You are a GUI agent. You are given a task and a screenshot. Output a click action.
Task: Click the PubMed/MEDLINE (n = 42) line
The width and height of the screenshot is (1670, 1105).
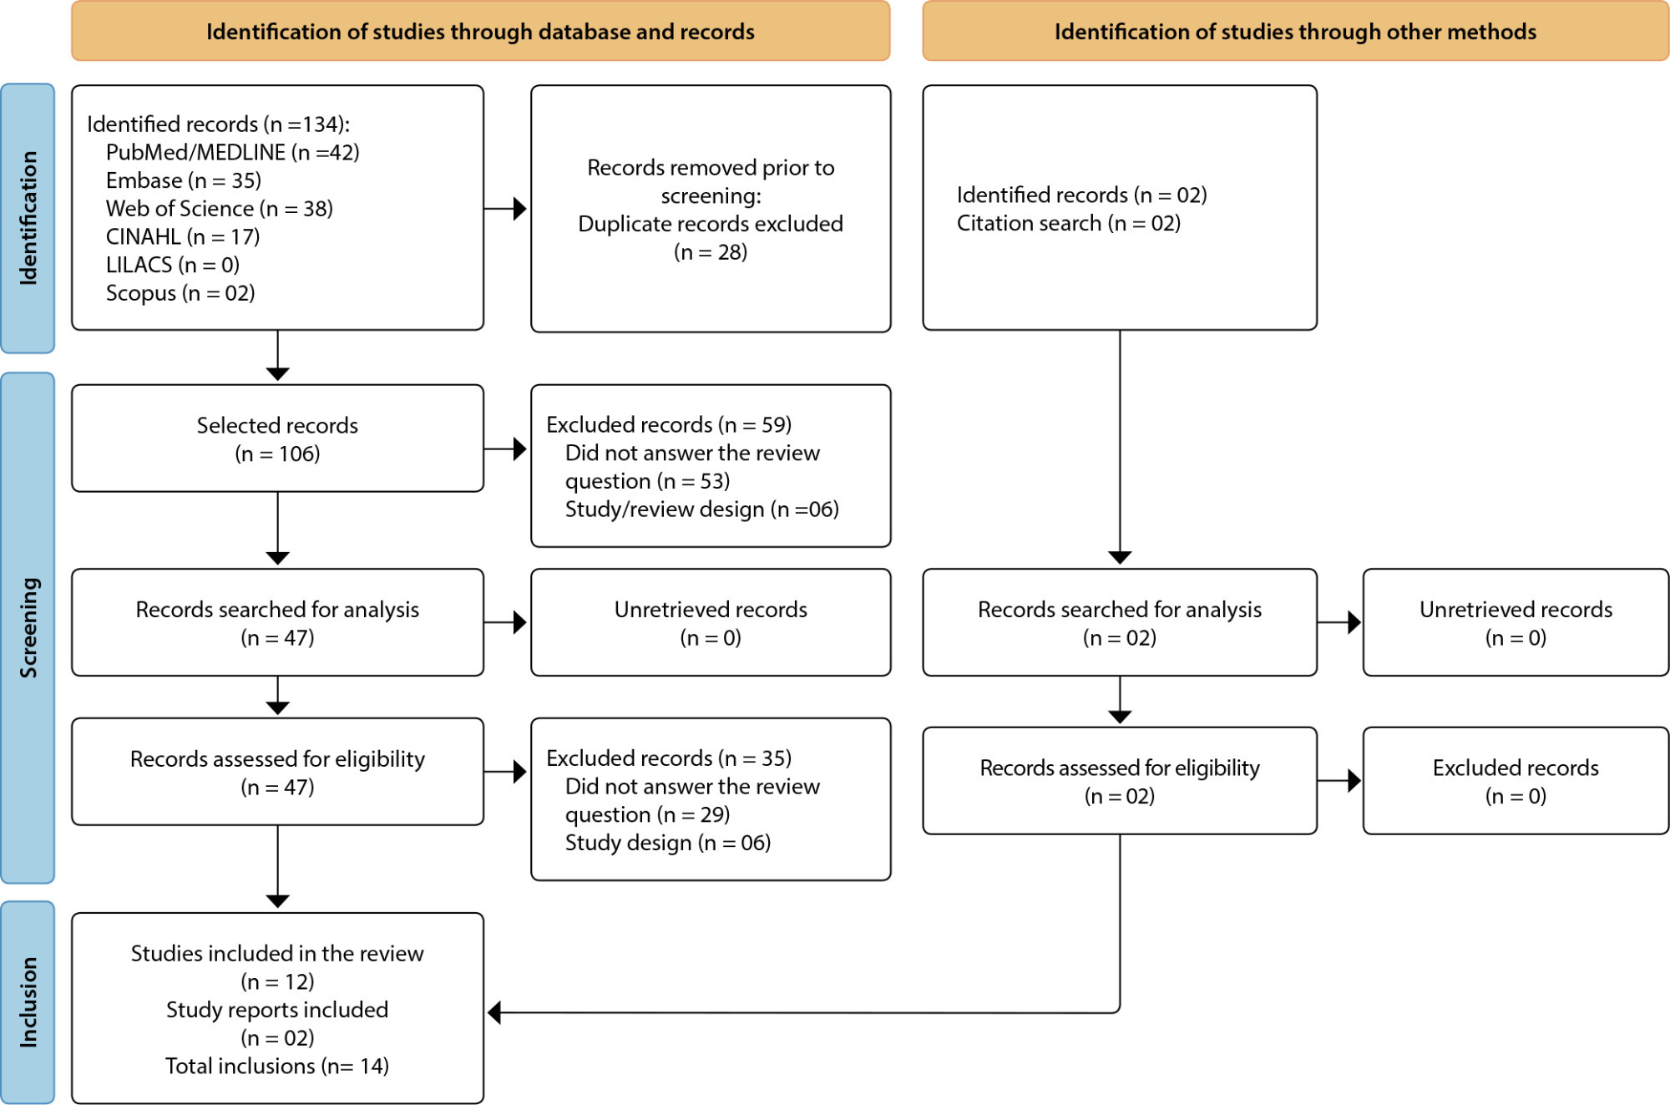(x=233, y=153)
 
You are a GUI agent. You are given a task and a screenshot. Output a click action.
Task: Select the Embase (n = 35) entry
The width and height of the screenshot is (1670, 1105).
(x=184, y=180)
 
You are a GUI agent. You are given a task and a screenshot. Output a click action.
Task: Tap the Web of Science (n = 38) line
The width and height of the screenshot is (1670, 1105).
(x=220, y=209)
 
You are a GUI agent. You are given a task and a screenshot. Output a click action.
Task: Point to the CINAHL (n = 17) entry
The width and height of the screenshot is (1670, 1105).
(x=183, y=237)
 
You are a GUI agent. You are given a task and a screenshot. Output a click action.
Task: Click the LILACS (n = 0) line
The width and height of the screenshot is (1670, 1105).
(x=173, y=265)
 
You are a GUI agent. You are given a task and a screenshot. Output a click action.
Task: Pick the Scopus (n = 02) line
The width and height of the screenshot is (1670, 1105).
(x=180, y=293)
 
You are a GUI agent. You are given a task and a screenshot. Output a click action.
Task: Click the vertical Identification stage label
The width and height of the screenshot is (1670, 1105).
(x=28, y=218)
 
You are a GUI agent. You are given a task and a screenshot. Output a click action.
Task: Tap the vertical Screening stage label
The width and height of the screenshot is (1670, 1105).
(x=28, y=627)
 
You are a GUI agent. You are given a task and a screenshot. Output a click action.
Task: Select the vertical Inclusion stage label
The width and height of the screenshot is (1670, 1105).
(x=28, y=1002)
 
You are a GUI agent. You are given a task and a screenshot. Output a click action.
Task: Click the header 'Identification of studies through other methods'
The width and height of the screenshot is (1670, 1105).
(x=1295, y=32)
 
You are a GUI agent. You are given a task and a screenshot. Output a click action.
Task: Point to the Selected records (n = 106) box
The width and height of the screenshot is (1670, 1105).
(x=277, y=438)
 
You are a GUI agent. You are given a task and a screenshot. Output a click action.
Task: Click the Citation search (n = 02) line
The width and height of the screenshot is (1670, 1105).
(x=1069, y=224)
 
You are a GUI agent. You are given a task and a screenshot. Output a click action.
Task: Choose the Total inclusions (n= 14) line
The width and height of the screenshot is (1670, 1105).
(x=277, y=1067)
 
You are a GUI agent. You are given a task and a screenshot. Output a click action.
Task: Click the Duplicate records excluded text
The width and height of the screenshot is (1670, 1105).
(x=711, y=224)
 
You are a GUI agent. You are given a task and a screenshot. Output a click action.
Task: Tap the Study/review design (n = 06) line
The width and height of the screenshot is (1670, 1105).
(x=702, y=509)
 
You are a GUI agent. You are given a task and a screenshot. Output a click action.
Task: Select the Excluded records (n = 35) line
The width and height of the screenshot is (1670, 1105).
(x=669, y=758)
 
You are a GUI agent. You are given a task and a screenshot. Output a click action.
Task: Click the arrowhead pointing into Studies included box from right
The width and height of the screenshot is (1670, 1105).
(x=493, y=1013)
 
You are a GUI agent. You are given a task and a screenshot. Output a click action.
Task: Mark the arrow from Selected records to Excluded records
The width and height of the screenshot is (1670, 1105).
(x=505, y=449)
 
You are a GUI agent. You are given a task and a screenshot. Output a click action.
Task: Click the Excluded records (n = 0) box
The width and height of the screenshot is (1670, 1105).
(x=1516, y=781)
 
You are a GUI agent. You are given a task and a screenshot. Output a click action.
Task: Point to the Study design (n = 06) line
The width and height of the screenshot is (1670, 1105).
(x=668, y=843)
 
